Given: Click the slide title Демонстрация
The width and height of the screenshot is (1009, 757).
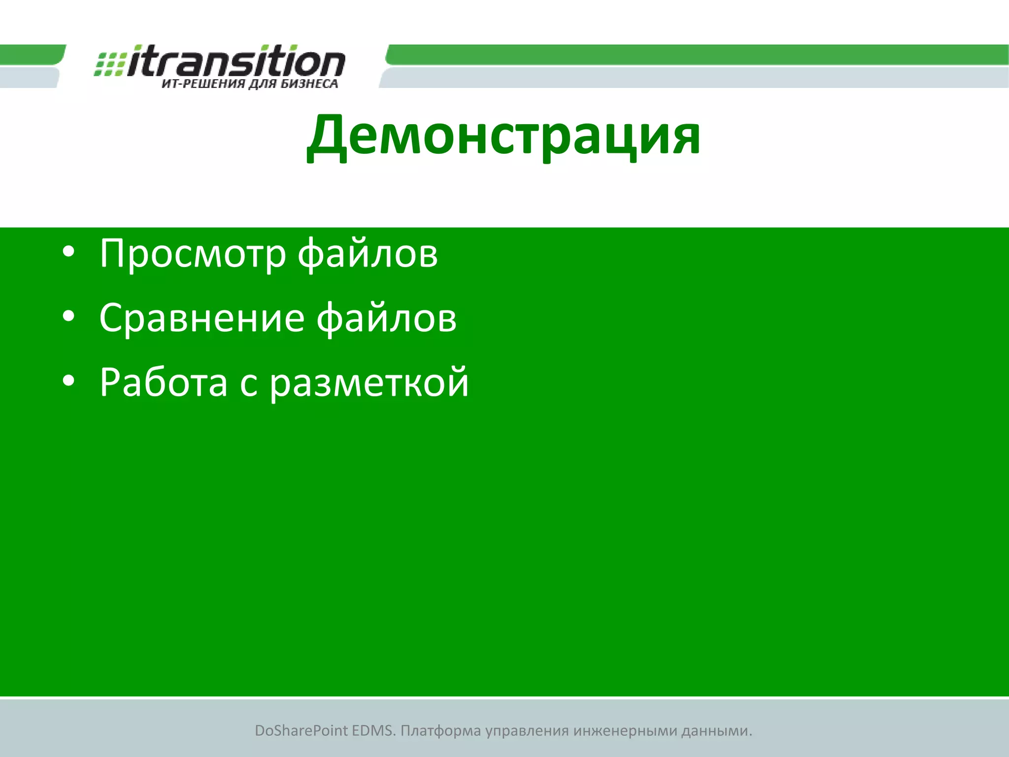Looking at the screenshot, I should pyautogui.click(x=504, y=136).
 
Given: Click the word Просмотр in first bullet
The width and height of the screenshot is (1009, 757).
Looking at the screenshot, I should pyautogui.click(x=193, y=254).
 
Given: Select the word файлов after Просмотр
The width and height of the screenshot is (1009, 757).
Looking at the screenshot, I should pyautogui.click(x=368, y=254).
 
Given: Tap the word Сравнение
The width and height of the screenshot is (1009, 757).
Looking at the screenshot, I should pyautogui.click(x=202, y=318).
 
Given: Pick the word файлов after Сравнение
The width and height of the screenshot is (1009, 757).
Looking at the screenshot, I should pyautogui.click(x=386, y=318).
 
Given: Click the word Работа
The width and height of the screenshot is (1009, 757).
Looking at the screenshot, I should pyautogui.click(x=164, y=382).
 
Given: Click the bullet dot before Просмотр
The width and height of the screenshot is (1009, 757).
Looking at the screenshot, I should pyautogui.click(x=68, y=252).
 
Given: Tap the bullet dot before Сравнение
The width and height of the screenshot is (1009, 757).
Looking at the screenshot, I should pyautogui.click(x=68, y=316).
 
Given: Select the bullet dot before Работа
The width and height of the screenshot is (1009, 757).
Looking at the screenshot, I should pyautogui.click(x=68, y=380).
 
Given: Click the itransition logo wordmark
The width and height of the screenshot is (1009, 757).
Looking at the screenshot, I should pyautogui.click(x=236, y=62).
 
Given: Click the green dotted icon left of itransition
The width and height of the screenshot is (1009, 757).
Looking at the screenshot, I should pyautogui.click(x=109, y=64).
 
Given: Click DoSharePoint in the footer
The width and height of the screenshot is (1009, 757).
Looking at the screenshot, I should pyautogui.click(x=301, y=731).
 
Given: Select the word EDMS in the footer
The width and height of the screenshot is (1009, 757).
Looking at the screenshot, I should pyautogui.click(x=373, y=731).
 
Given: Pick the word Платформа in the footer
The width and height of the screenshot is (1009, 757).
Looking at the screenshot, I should pyautogui.click(x=440, y=731).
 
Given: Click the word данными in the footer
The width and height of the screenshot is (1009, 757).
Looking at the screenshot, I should pyautogui.click(x=716, y=731).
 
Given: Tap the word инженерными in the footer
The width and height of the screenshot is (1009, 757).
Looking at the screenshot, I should pyautogui.click(x=625, y=731).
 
